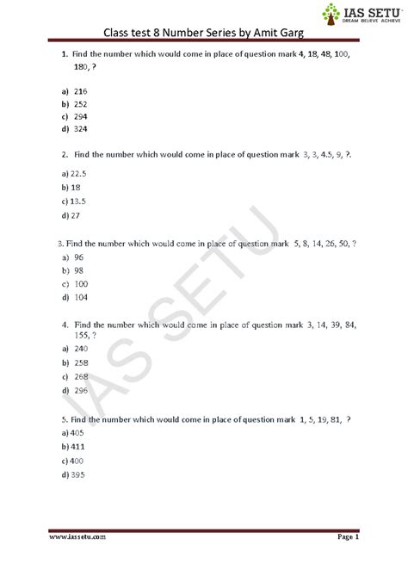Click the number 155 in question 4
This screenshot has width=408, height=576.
[83, 337]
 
